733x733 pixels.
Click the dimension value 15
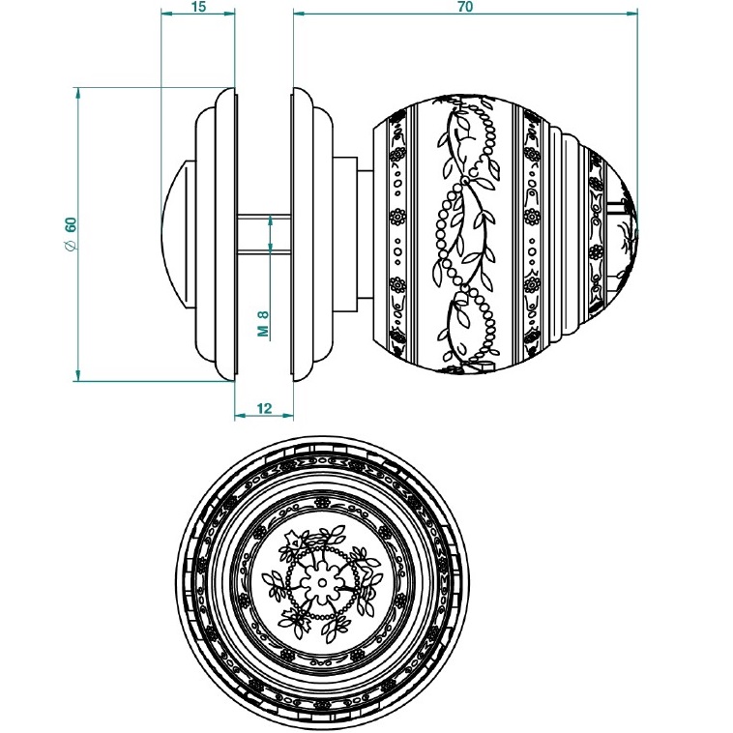(198, 7)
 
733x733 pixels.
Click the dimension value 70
(464, 7)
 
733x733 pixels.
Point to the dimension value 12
(263, 409)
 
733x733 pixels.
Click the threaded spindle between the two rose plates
(263, 233)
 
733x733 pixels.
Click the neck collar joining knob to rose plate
(365, 233)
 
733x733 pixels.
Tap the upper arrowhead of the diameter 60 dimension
(77, 94)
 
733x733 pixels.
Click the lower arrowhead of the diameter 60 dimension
(77, 374)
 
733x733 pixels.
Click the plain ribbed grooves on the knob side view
(566, 233)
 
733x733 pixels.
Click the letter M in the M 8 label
(262, 330)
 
